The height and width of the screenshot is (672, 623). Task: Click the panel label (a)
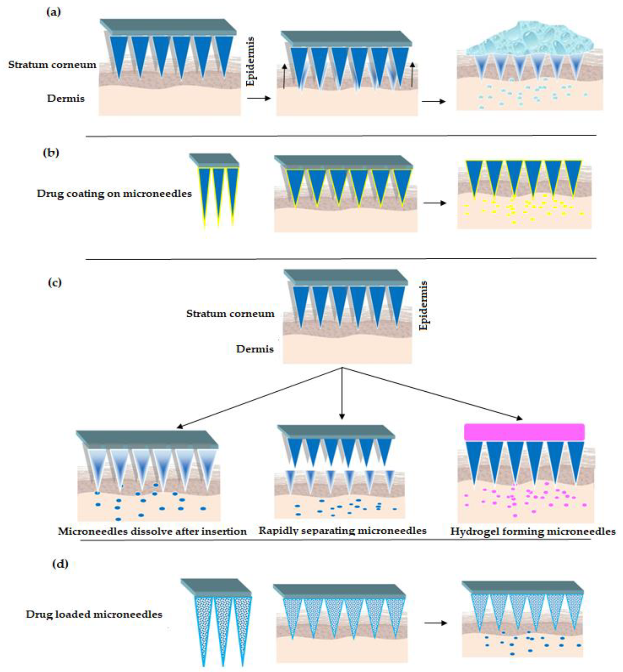54,13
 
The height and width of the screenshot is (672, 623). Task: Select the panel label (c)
55,282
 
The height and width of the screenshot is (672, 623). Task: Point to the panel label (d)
60,564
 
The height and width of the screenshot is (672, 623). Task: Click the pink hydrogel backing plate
524,432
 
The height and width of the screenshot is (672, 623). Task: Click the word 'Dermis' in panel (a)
66,99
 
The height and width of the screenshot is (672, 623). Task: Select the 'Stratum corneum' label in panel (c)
230,314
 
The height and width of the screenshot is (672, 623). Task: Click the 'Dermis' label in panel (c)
255,349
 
